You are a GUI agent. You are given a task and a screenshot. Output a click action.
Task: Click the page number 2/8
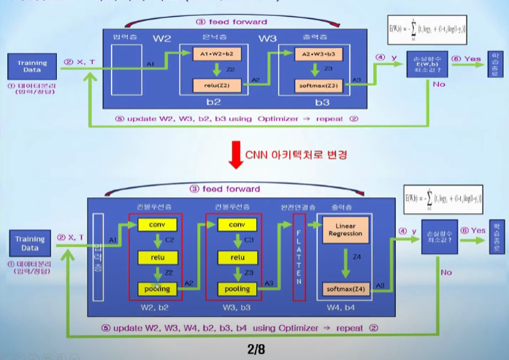pyautogui.click(x=256, y=350)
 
